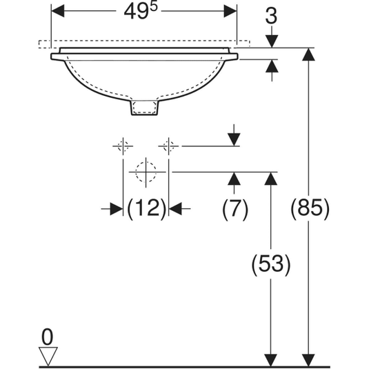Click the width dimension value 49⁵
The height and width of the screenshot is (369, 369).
pos(141,11)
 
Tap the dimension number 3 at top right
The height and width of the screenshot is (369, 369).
pos(271,17)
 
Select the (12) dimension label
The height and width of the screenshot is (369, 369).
pos(146,209)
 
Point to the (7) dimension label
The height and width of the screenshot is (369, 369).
pos(235,209)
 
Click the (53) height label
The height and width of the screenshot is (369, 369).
pos(271,264)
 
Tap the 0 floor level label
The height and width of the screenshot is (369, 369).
pos(47,337)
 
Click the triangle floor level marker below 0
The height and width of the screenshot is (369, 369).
pos(48,356)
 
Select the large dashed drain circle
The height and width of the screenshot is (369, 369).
pos(146,172)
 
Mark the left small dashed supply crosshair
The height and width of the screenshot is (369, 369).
pos(123,146)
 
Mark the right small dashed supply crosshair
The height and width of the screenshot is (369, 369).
pos(168,146)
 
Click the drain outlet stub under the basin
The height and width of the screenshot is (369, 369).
pos(144,108)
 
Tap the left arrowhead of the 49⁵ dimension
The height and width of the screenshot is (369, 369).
pos(58,11)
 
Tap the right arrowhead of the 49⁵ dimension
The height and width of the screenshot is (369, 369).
pos(230,11)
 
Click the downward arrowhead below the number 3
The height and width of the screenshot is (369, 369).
pos(272,41)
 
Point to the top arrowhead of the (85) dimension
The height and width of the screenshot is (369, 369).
pos(308,54)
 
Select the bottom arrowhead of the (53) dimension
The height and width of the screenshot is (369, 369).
pos(271,360)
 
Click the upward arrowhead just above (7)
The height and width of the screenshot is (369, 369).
pos(234,179)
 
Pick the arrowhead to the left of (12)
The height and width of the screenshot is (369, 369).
pos(117,209)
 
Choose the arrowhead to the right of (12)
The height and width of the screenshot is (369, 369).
pos(175,209)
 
